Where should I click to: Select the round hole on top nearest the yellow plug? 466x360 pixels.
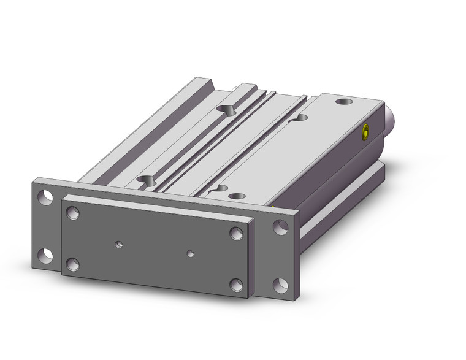[x=345, y=100]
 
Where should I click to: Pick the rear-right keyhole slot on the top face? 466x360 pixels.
[x=301, y=117]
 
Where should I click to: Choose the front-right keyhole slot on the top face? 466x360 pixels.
[x=221, y=188]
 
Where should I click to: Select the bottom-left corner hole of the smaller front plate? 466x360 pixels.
[x=73, y=264]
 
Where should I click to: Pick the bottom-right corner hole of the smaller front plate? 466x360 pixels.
[x=236, y=285]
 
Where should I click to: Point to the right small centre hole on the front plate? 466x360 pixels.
[x=191, y=253]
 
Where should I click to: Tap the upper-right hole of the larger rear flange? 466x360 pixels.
[x=281, y=226]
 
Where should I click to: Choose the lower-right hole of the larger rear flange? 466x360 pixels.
[x=281, y=284]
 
